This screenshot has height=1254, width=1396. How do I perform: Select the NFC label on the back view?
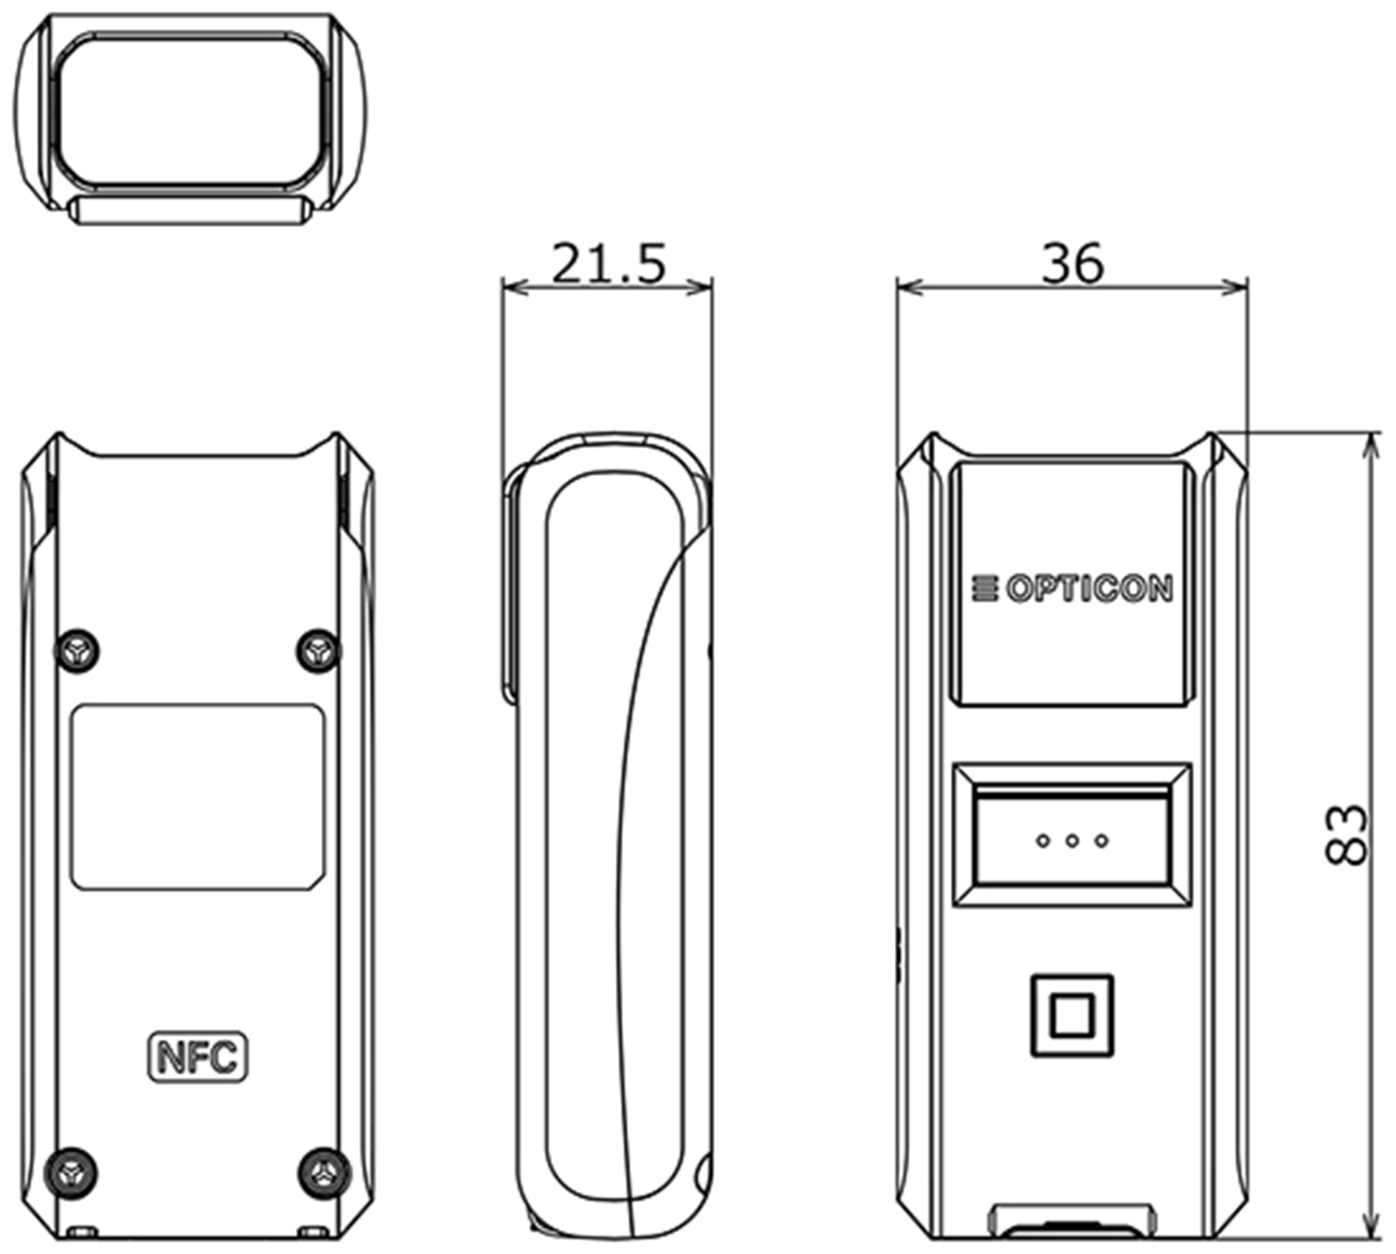[x=198, y=1056]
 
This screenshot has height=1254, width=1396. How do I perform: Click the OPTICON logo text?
[x=1089, y=589]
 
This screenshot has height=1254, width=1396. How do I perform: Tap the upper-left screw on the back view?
[x=77, y=650]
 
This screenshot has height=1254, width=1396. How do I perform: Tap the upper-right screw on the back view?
[x=320, y=650]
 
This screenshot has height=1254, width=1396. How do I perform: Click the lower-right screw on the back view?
[x=325, y=1170]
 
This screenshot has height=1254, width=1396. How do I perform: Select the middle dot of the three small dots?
[x=1072, y=839]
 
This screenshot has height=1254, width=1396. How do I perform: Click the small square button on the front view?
[x=1071, y=1015]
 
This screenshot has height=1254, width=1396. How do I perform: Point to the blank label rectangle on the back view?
[x=198, y=797]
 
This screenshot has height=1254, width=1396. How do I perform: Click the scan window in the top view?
[x=190, y=110]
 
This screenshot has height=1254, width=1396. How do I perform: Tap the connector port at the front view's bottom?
[x=1071, y=1221]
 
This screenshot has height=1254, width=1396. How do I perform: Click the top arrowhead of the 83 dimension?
[x=1372, y=445]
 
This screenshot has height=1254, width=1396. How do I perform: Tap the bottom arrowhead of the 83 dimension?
[x=1372, y=1226]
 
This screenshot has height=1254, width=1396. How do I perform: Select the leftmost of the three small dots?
[x=1043, y=839]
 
